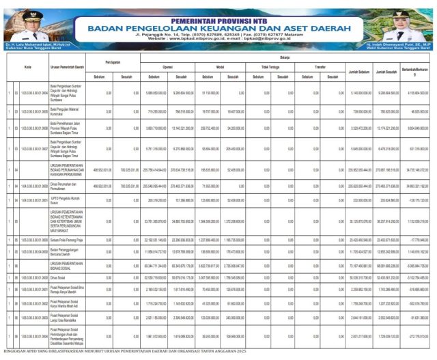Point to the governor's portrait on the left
point(29,26)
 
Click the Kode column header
point(27,68)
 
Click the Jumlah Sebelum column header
point(358,71)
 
